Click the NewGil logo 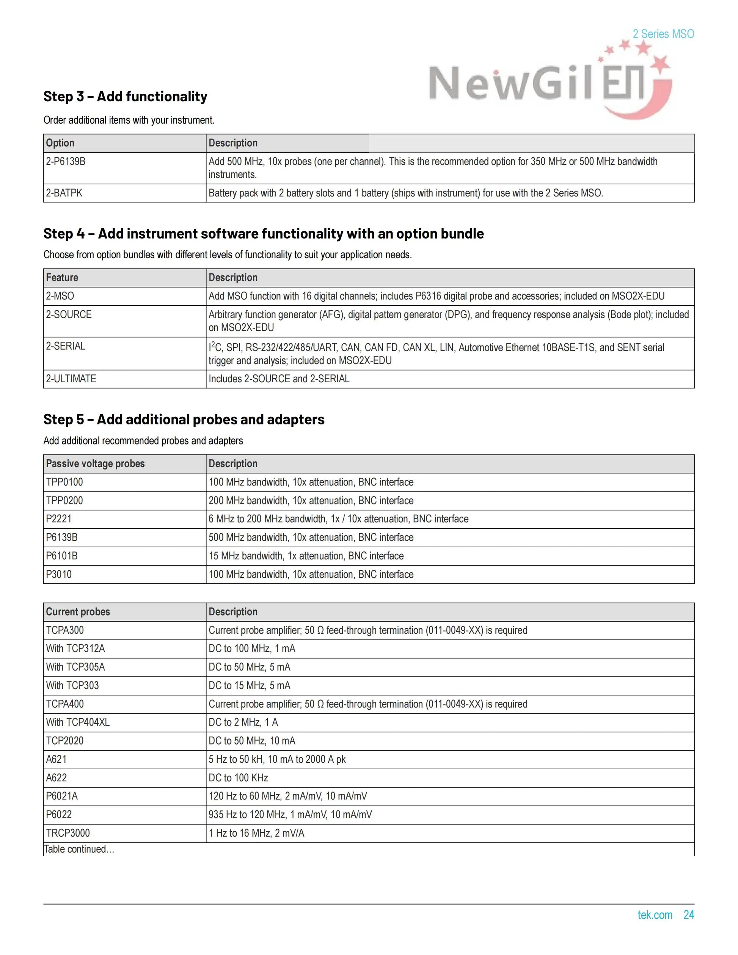click(x=549, y=83)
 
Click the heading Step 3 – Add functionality click(x=125, y=96)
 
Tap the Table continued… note click(x=79, y=849)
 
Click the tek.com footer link click(x=655, y=915)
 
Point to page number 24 click(x=689, y=915)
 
